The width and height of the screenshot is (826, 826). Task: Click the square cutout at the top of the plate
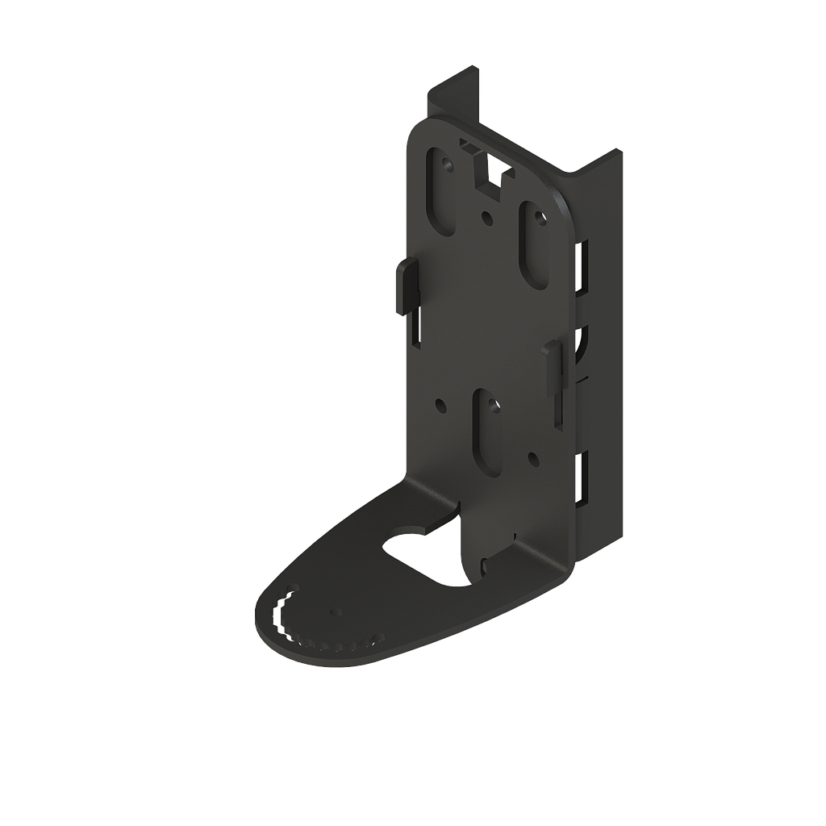[489, 171]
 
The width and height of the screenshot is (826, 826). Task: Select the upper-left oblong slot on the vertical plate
[441, 192]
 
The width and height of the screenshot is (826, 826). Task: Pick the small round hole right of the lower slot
[532, 457]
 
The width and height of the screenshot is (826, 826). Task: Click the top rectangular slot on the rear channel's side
[580, 265]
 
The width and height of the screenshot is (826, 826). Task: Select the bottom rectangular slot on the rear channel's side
[580, 475]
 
